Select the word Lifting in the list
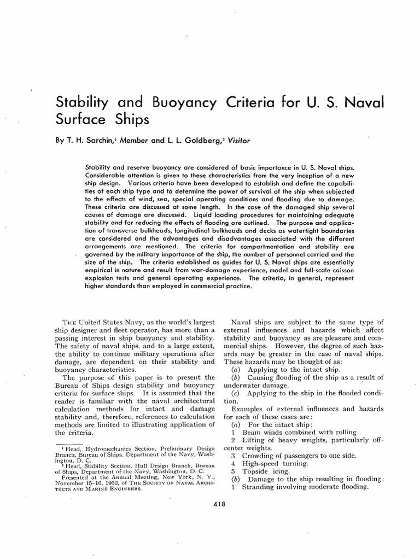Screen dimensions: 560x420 [x=254, y=440]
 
